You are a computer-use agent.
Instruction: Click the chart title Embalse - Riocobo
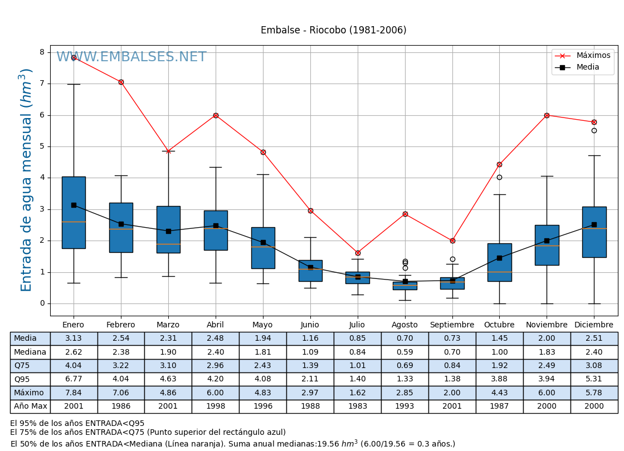(x=333, y=30)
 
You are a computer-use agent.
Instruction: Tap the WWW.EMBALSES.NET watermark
(x=131, y=57)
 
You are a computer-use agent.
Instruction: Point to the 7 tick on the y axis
(x=42, y=84)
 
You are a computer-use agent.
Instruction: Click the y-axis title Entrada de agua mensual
(x=26, y=180)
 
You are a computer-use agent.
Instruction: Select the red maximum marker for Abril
(x=216, y=115)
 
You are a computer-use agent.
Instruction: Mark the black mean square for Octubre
(x=499, y=258)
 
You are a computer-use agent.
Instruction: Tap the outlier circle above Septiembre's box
(x=452, y=259)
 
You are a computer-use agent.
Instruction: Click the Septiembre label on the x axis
(x=452, y=325)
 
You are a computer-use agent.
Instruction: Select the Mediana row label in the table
(x=30, y=352)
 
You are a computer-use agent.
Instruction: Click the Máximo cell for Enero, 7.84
(x=74, y=393)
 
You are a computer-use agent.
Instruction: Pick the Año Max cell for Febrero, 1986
(x=121, y=406)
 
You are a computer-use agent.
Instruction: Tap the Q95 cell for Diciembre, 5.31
(x=594, y=379)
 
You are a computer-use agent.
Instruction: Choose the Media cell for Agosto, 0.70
(x=404, y=339)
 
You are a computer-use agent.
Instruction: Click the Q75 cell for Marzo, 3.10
(x=168, y=366)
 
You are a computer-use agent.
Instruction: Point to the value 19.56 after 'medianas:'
(x=328, y=444)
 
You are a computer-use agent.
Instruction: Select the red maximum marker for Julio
(x=358, y=253)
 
